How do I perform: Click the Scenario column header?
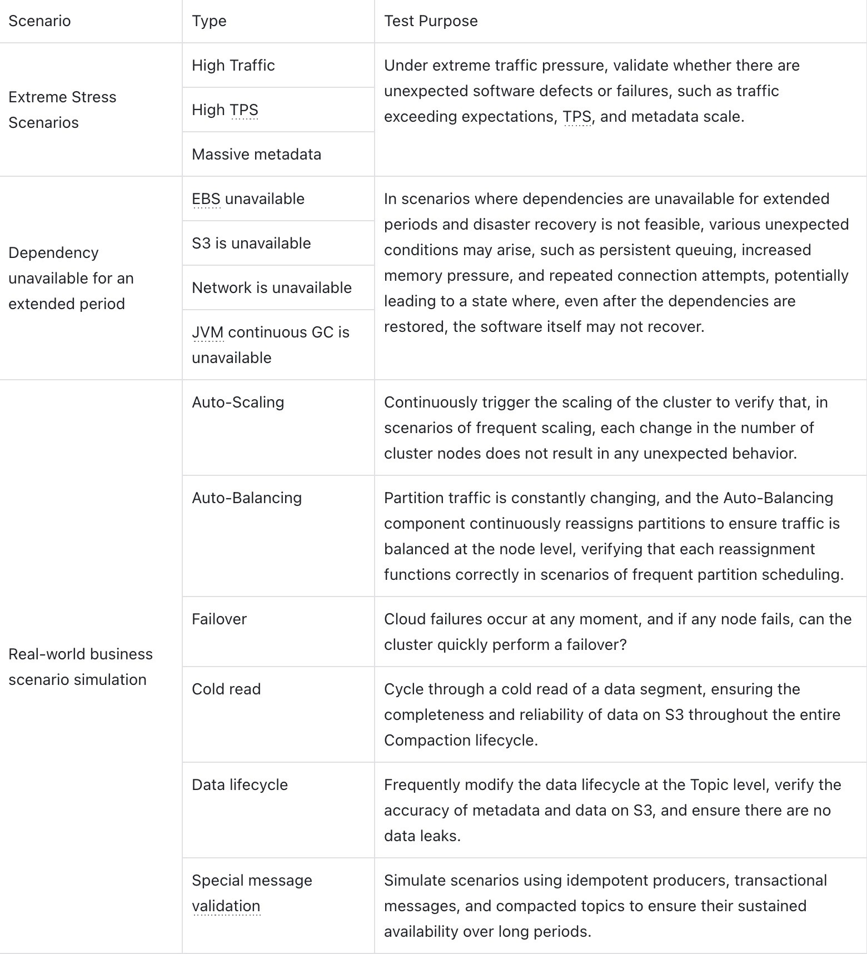point(39,21)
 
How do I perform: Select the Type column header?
point(209,21)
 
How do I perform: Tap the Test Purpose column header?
point(431,21)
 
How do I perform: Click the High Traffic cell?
point(233,66)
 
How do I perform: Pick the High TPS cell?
point(225,110)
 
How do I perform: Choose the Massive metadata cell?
point(256,155)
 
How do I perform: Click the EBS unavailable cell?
point(248,199)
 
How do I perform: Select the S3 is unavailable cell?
point(251,244)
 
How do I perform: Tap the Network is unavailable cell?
point(272,288)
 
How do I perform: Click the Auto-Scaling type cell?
point(238,403)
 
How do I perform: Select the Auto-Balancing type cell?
point(247,498)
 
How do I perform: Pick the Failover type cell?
point(219,619)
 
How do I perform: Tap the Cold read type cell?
point(226,689)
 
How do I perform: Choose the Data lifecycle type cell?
point(240,785)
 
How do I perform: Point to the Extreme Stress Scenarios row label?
point(62,110)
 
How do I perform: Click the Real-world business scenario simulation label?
point(80,667)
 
